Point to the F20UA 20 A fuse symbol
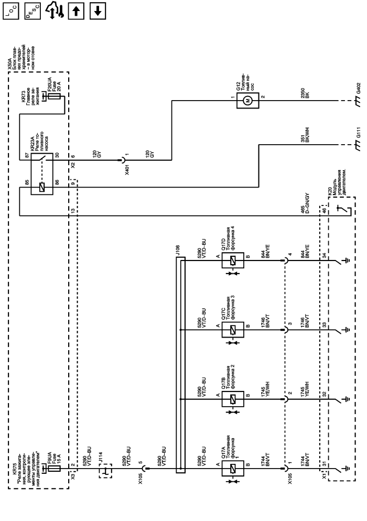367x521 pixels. [52, 97]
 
